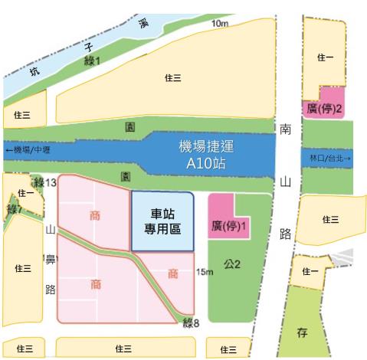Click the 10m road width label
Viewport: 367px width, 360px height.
[219, 25]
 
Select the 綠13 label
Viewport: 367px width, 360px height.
[47, 182]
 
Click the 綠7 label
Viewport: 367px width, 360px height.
[13, 209]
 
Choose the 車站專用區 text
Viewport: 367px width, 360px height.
[162, 221]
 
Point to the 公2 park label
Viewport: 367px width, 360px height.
[232, 264]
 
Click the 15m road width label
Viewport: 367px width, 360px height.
[204, 271]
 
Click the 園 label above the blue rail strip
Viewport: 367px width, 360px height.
[129, 123]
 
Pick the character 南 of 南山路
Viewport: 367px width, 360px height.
[286, 130]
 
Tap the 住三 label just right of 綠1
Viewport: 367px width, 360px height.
[173, 78]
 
